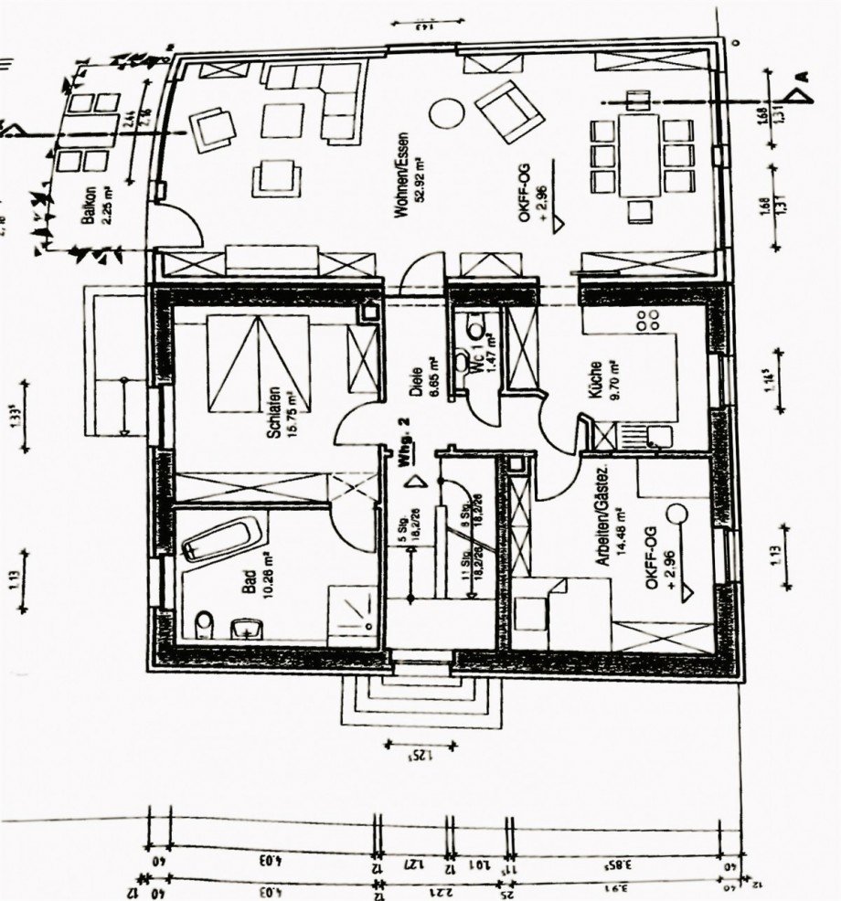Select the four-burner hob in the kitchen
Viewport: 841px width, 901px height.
point(647,320)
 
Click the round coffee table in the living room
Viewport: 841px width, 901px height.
point(447,112)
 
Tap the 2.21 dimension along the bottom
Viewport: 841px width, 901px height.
point(430,886)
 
